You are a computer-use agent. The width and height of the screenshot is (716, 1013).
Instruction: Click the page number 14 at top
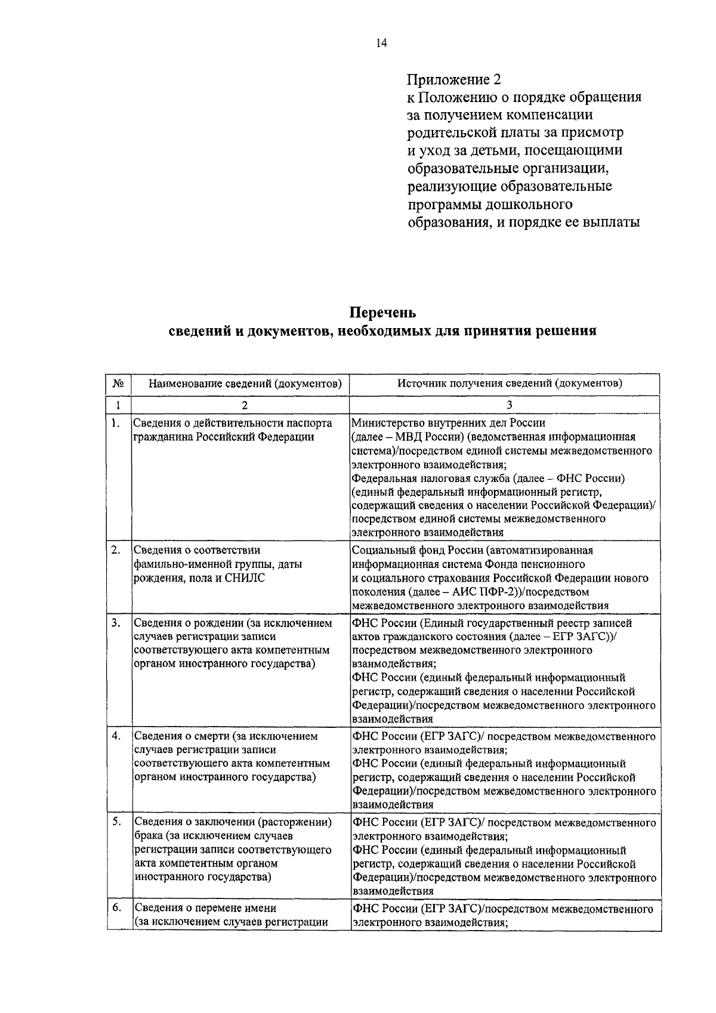click(x=382, y=42)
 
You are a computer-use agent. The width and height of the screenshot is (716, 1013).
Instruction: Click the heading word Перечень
click(x=382, y=313)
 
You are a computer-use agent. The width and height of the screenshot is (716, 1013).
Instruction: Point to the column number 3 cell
click(x=510, y=405)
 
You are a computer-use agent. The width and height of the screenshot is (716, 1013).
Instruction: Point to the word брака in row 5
click(x=149, y=836)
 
